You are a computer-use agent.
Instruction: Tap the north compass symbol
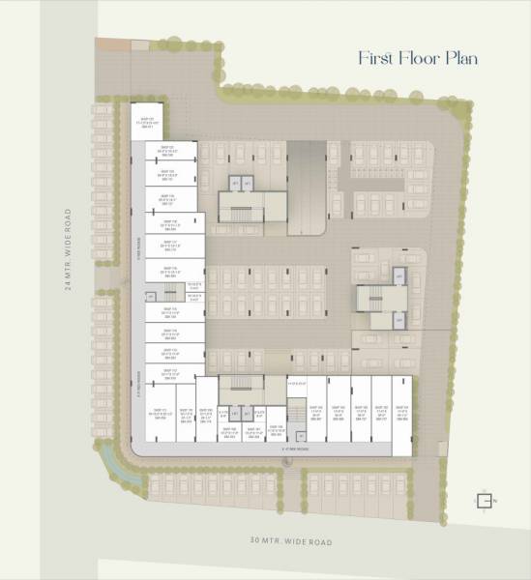coord(481,500)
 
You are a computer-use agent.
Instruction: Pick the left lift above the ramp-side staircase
coord(234,182)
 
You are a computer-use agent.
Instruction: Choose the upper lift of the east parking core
coord(398,277)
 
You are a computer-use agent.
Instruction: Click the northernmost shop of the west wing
coord(150,123)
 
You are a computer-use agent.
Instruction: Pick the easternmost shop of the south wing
coord(403,412)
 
